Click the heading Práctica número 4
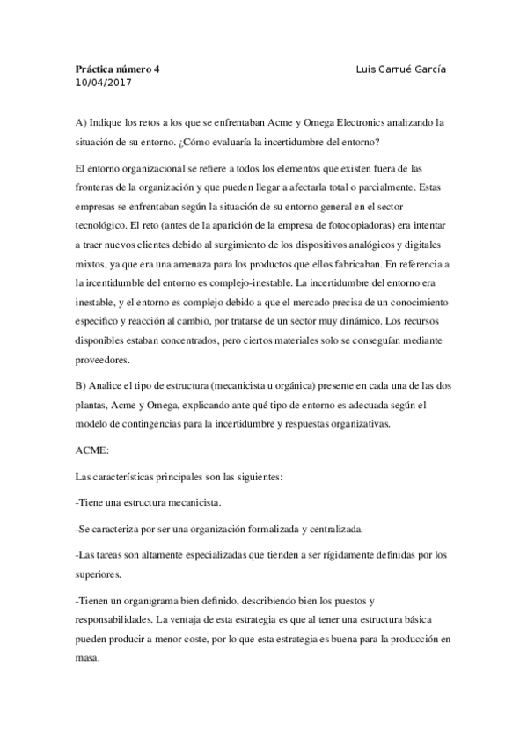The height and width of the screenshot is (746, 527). [117, 69]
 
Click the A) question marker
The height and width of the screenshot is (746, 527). [82, 123]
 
